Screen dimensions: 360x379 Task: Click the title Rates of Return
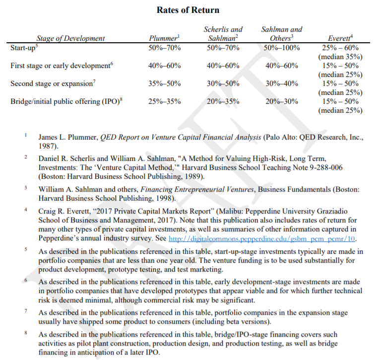(188, 10)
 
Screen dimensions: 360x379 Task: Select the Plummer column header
(163, 38)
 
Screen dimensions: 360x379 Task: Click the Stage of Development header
(71, 38)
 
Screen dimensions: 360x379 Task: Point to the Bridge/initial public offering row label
(66, 101)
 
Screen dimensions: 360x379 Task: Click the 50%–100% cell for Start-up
(282, 48)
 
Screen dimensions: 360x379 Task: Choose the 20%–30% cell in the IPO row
(282, 101)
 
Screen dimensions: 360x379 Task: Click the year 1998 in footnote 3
(163, 198)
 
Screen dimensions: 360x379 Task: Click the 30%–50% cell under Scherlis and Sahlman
(223, 83)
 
